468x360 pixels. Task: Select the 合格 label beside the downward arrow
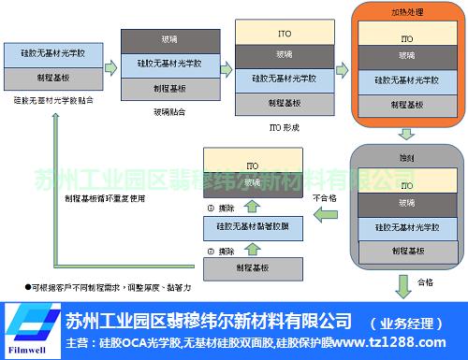[x=425, y=281]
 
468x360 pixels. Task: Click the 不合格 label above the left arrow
[x=323, y=198]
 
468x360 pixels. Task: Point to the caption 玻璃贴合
[x=168, y=111]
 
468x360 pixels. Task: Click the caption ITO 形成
[x=284, y=127]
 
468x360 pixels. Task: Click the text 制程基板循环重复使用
[x=104, y=198]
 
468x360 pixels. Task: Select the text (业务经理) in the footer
[x=404, y=323]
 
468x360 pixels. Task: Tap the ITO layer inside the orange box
[x=406, y=40]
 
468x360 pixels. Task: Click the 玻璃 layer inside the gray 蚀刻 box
[x=406, y=202]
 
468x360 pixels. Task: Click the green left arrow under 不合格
[x=324, y=217]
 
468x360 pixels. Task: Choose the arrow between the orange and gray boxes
[x=406, y=131]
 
